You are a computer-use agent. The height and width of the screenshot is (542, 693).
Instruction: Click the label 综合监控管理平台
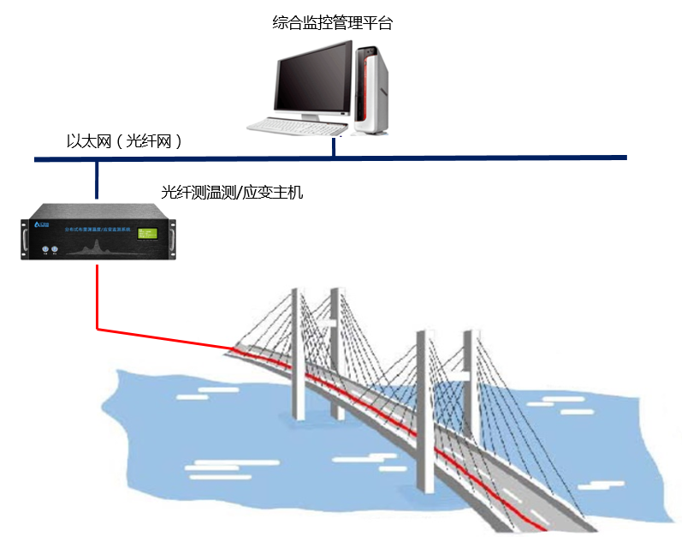[x=332, y=23]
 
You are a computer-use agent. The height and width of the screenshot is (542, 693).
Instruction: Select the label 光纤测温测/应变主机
[x=232, y=193]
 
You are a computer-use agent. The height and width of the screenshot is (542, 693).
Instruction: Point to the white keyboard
[x=291, y=127]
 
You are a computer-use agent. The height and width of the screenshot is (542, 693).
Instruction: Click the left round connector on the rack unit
[x=44, y=250]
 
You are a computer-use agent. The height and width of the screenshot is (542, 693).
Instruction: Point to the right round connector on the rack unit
[x=55, y=250]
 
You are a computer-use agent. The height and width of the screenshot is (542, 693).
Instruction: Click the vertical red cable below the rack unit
[x=98, y=295]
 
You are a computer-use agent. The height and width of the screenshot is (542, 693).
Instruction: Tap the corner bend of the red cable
[x=98, y=327]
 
